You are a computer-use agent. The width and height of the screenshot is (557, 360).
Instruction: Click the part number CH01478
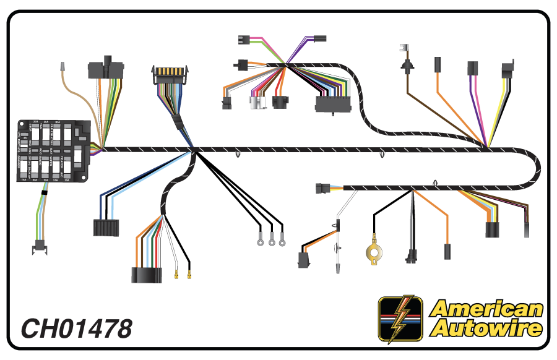[77, 328]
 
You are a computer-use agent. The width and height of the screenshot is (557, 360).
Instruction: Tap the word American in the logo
[486, 309]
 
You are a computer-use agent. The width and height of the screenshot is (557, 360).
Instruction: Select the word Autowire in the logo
[486, 328]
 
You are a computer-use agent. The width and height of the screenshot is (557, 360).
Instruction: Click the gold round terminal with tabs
[373, 252]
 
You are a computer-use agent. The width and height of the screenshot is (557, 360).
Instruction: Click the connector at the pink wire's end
[244, 40]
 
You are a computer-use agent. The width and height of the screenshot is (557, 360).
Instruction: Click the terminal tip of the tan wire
[62, 66]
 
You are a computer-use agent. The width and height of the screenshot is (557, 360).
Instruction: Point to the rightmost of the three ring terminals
[282, 242]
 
